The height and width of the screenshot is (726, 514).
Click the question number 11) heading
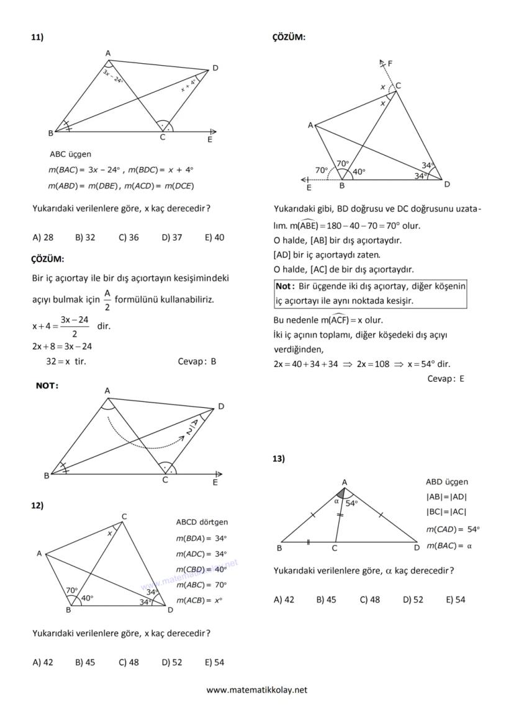[x=37, y=38]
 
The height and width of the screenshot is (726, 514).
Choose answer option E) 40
[x=214, y=237]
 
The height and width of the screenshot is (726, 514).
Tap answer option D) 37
[x=172, y=237]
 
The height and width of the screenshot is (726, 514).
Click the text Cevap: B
[x=197, y=361]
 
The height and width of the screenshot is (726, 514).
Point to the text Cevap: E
[x=445, y=379]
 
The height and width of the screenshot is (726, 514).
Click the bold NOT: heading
[x=47, y=386]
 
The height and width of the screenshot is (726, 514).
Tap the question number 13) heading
[x=279, y=459]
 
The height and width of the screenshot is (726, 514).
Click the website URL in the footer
[x=256, y=689]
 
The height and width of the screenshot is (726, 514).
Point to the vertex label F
[x=390, y=63]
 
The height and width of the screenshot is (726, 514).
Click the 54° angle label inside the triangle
[x=352, y=503]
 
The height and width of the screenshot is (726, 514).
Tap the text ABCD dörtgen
[x=202, y=522]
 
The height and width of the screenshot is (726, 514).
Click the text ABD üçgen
[x=447, y=482]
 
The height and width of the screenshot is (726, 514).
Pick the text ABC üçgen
[x=70, y=154]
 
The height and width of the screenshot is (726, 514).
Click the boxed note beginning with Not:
[x=370, y=294]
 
